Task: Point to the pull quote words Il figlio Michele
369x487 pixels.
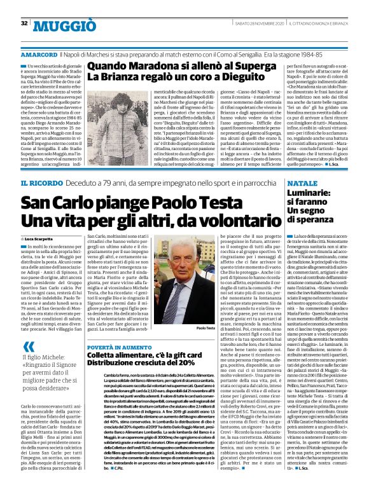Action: pyautogui.click(x=48, y=357)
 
